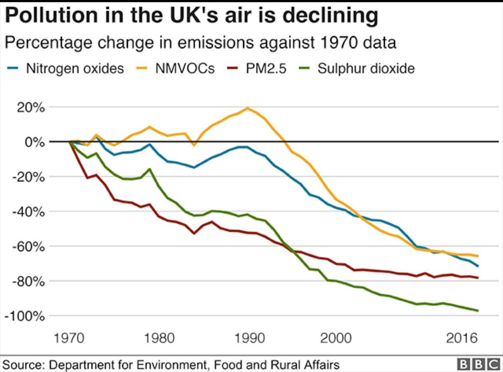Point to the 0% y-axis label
[34, 142]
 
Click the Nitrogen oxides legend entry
[75, 68]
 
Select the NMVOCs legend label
[185, 68]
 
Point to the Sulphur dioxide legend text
[366, 68]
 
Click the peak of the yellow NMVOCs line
[247, 108]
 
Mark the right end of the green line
[478, 311]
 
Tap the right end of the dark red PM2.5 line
[478, 278]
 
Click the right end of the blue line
[478, 266]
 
